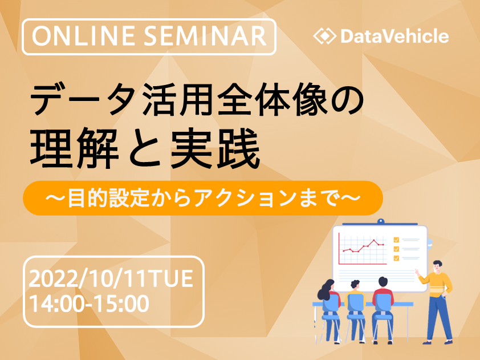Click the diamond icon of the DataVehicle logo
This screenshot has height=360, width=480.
325,36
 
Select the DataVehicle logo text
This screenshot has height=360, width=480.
394,36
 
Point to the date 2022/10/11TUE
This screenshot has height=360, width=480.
111,279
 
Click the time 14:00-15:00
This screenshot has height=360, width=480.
89,304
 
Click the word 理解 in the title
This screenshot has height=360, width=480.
74,148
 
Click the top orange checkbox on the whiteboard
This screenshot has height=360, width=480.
396,240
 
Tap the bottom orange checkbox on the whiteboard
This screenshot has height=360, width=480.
396,258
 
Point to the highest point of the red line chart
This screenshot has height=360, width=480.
373,240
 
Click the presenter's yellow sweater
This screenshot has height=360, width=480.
437,284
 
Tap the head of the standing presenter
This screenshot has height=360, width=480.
437,266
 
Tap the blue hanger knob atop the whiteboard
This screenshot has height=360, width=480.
380,221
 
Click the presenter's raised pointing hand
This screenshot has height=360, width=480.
417,272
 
